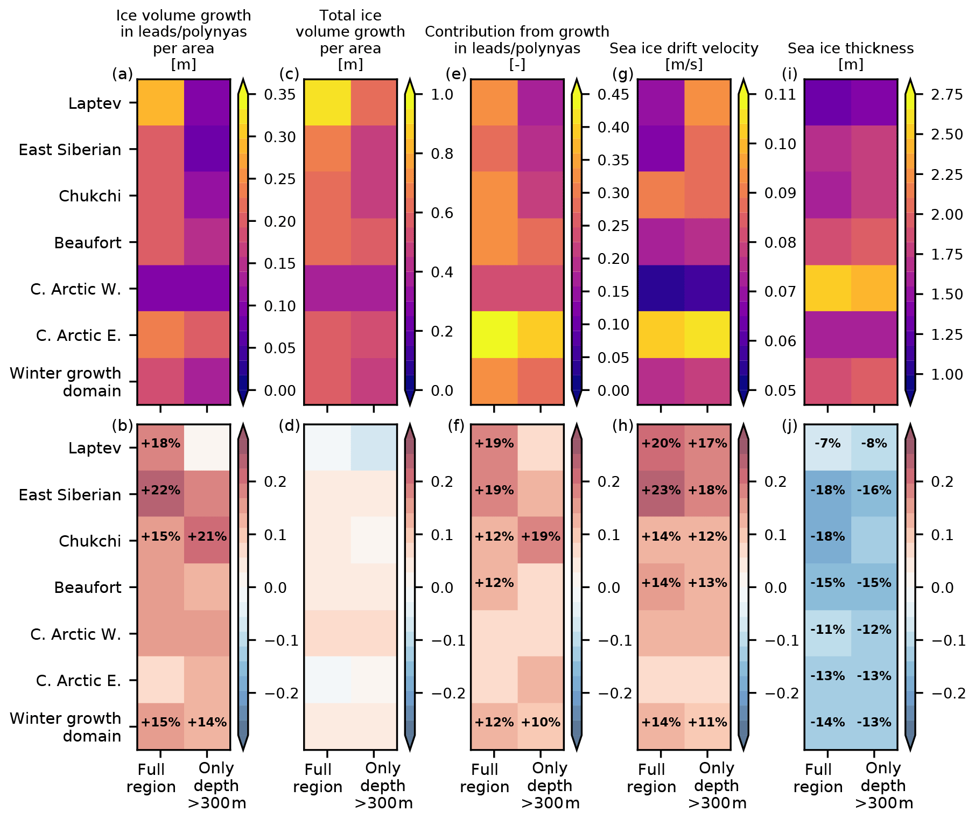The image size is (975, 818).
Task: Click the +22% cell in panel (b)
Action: [160, 491]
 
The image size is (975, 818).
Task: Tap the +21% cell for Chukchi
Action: [207, 537]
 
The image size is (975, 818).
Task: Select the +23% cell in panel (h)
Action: [661, 491]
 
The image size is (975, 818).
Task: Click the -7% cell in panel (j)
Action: [827, 444]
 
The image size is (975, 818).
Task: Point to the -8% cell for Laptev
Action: [874, 444]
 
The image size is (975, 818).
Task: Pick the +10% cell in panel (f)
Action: [541, 723]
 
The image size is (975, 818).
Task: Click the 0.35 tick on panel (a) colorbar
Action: [279, 95]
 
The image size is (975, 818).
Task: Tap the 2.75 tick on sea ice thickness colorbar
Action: [946, 95]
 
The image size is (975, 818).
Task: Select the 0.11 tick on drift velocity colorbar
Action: [780, 95]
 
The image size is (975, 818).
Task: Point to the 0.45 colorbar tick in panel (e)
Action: [613, 95]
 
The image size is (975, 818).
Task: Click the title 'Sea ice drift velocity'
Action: [684, 48]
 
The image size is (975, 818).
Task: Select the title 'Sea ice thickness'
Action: [851, 48]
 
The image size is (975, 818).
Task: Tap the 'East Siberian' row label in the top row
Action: [70, 150]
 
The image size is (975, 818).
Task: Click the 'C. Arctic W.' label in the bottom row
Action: [75, 634]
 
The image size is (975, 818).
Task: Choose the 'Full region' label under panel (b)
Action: [151, 778]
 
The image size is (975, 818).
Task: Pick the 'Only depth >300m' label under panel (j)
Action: [883, 786]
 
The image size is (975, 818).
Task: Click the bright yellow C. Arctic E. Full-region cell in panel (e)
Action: [494, 334]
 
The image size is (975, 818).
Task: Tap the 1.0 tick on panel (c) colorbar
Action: [442, 95]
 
